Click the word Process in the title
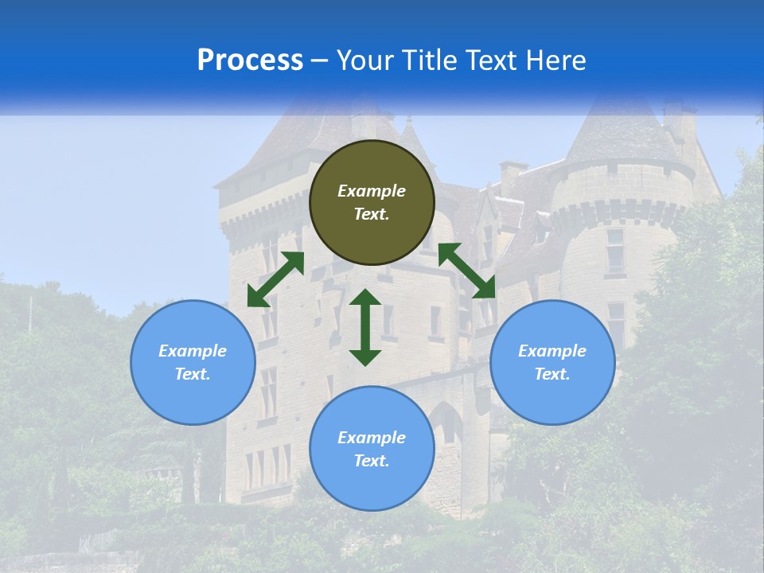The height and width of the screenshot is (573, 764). click(x=250, y=60)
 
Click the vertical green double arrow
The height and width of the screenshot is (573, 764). click(x=365, y=327)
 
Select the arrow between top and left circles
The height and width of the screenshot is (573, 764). click(x=275, y=279)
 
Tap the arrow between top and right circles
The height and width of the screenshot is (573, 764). click(x=466, y=271)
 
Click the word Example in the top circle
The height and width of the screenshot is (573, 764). click(x=372, y=191)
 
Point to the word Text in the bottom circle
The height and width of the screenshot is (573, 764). click(x=371, y=461)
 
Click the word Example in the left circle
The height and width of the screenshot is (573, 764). click(x=193, y=351)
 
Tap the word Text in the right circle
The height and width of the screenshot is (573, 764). click(x=552, y=374)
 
